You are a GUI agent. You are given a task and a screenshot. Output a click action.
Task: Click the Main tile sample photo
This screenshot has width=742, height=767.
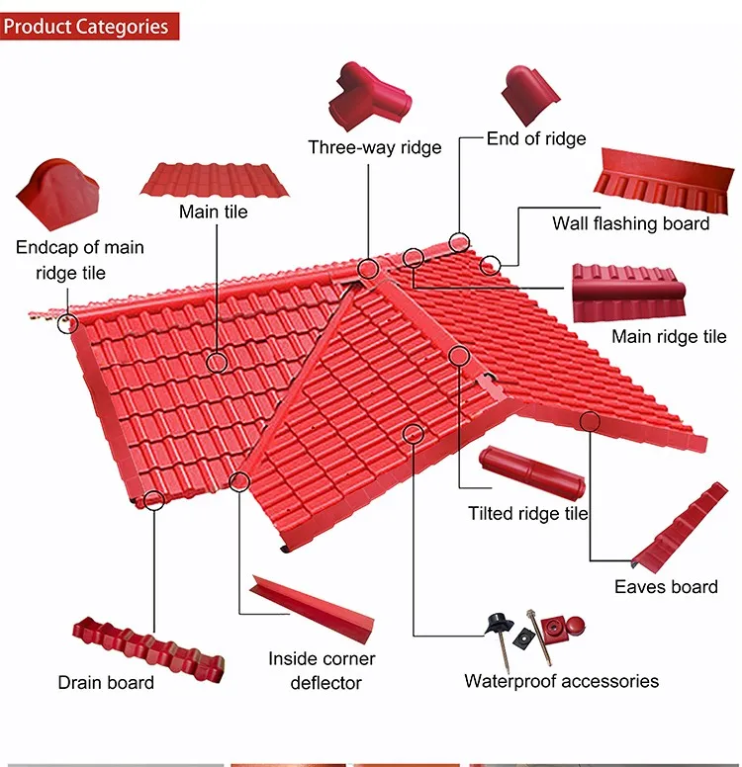[x=216, y=179]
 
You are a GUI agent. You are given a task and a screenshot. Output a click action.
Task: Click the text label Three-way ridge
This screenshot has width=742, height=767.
[x=374, y=147]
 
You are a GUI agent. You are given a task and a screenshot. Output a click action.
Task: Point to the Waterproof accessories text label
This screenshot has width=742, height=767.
[x=561, y=681]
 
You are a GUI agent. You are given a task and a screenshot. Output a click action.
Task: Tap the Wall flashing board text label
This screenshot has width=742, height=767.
[x=630, y=223]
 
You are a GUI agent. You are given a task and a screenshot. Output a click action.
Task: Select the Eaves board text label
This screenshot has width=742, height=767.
[x=666, y=586]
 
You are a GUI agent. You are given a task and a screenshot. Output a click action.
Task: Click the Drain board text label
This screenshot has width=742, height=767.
[x=106, y=683]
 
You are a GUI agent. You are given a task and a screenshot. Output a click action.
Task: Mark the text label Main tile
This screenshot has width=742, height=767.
[x=213, y=212]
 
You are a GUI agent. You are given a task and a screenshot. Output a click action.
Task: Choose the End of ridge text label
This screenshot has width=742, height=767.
[x=536, y=138]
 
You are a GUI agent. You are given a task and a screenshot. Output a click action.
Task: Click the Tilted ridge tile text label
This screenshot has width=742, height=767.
[x=528, y=514]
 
